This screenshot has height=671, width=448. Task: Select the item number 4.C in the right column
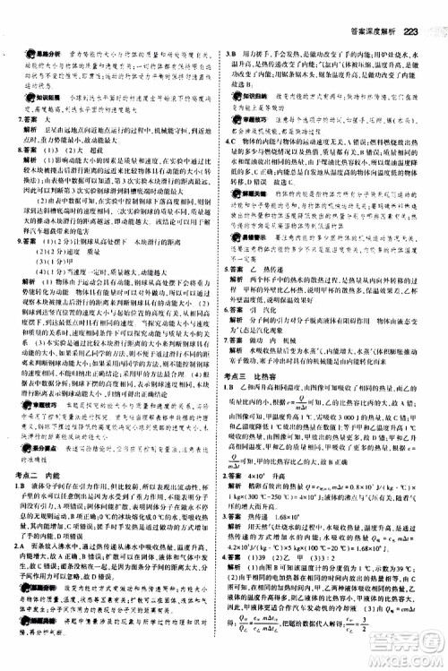click(x=235, y=142)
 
